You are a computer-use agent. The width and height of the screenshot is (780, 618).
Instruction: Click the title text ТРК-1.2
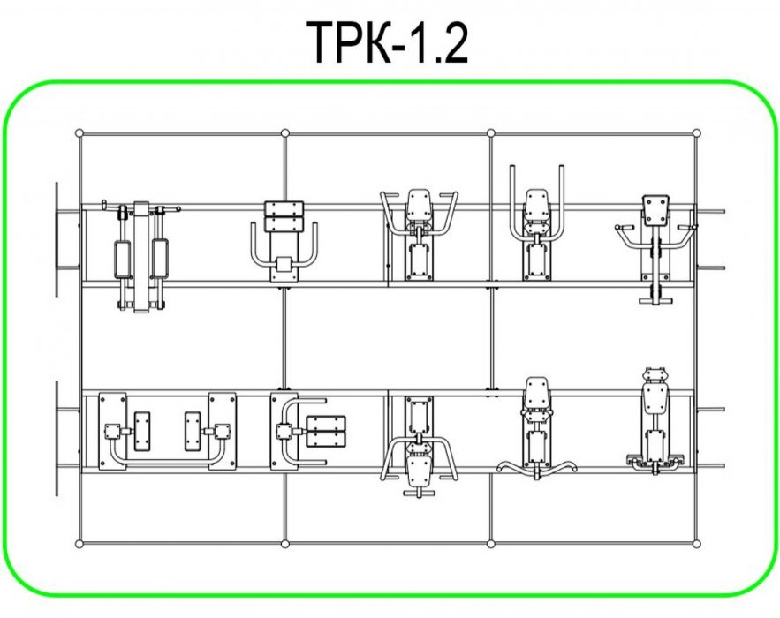tap(387, 42)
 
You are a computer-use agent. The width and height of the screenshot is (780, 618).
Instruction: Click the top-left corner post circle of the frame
tap(80, 133)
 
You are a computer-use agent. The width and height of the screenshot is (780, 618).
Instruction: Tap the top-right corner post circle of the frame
tap(696, 133)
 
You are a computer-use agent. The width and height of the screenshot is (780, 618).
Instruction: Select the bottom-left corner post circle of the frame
tap(80, 544)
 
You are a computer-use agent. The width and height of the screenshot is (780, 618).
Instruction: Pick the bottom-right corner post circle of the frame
tap(696, 544)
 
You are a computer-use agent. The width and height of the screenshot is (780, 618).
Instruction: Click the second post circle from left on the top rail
tap(285, 133)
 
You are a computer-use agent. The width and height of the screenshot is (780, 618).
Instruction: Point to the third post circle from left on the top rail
tap(491, 133)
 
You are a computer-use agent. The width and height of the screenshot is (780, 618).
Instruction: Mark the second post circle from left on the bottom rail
tap(285, 544)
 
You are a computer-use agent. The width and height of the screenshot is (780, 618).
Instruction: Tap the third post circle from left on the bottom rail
tap(491, 544)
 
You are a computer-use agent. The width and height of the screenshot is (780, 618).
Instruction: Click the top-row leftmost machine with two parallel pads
tap(140, 257)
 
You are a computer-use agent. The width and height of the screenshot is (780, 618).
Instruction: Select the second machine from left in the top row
tap(284, 242)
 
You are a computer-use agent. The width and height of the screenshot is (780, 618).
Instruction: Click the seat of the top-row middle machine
tap(419, 204)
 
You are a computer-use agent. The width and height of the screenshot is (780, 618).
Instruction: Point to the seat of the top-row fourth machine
tap(537, 204)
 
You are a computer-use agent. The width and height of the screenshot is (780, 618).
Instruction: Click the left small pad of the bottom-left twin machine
tap(141, 431)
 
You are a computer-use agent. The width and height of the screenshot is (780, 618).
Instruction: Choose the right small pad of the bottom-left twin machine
tap(193, 431)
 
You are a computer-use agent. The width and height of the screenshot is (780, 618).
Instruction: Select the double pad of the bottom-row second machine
tap(326, 431)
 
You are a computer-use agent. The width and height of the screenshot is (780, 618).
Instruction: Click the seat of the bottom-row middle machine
tap(419, 471)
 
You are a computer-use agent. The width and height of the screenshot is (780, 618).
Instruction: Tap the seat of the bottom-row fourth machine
tap(537, 393)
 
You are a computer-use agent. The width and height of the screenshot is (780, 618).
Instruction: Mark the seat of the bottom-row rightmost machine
tap(655, 399)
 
